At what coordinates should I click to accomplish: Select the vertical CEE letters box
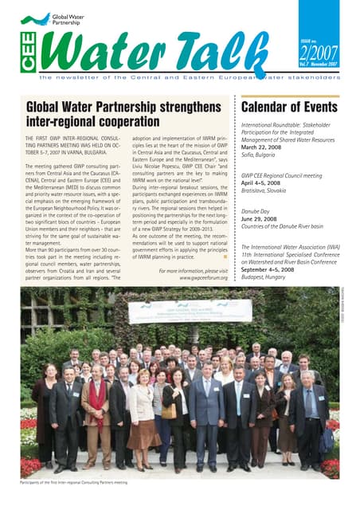tap(25, 53)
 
